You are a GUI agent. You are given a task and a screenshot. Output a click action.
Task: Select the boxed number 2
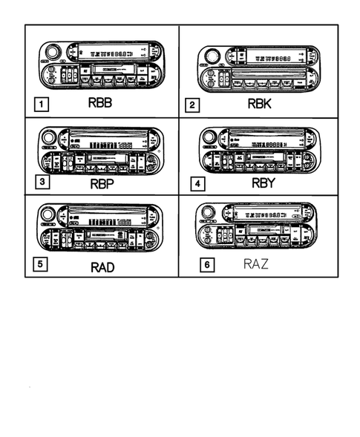point(192,105)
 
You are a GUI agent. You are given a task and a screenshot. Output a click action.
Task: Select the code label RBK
point(259,105)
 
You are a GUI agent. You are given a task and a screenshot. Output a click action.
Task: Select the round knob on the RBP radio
point(49,138)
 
